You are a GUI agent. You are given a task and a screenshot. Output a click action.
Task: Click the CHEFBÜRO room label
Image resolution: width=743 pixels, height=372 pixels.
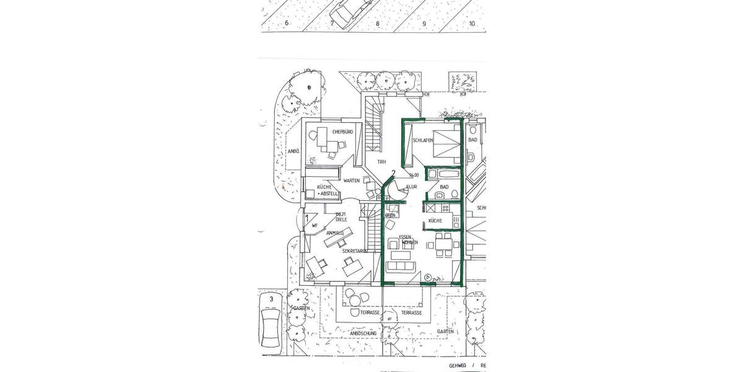coord(342,131)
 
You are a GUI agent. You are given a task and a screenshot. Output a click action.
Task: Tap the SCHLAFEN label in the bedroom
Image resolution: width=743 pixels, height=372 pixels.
coord(422,141)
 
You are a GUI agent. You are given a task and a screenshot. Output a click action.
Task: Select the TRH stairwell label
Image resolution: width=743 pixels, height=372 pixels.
coord(382,162)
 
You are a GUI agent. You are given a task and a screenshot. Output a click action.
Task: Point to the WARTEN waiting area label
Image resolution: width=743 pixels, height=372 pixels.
coord(352,181)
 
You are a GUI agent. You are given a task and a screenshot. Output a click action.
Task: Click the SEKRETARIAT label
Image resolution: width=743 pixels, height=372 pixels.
coord(355,251)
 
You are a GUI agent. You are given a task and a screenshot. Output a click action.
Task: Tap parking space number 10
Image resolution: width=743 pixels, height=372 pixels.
coord(472,24)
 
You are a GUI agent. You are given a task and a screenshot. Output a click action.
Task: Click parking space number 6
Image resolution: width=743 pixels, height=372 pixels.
coord(287,24)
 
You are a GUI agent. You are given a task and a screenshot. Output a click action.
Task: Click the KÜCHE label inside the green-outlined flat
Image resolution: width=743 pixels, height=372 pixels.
coord(435,221)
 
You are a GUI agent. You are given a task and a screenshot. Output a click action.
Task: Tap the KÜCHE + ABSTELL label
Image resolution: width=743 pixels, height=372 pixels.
coord(328,190)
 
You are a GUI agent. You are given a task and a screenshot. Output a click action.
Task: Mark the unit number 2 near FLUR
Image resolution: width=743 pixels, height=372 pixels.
coord(393,173)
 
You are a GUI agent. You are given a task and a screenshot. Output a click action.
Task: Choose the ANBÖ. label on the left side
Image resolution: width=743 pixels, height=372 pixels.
coord(293,151)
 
